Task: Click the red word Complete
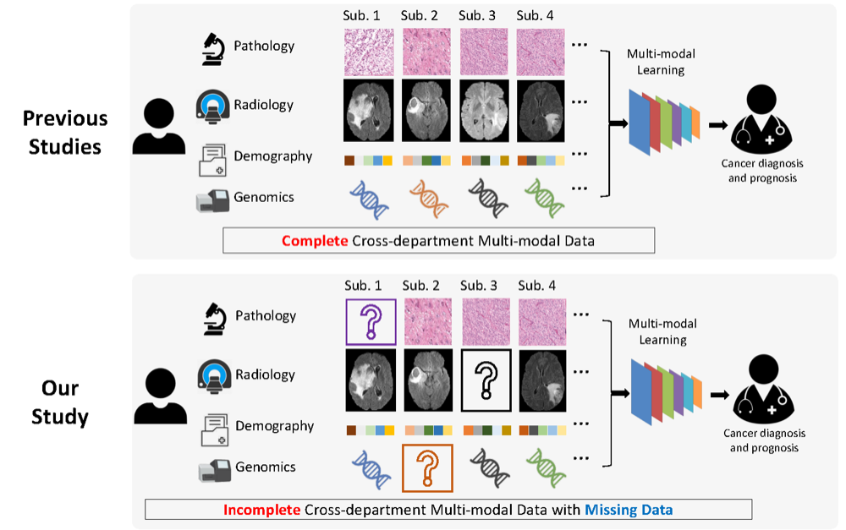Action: (315, 240)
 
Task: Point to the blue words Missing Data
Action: (629, 510)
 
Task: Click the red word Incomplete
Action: (261, 510)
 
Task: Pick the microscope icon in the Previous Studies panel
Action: (213, 49)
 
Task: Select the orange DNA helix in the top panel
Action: (428, 199)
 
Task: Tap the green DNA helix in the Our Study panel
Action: (546, 468)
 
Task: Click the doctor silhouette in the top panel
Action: (761, 119)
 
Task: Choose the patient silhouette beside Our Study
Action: (160, 396)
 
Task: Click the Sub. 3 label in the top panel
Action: (477, 15)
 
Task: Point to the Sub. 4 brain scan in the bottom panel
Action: (542, 380)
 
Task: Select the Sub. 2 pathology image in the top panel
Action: (426, 52)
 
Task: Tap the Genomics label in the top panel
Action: (264, 197)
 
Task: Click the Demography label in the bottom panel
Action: (275, 426)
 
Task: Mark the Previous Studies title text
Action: (65, 133)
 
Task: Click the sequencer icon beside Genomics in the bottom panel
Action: (213, 470)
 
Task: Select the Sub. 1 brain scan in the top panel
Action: (369, 111)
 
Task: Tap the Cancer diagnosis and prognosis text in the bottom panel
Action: (764, 440)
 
